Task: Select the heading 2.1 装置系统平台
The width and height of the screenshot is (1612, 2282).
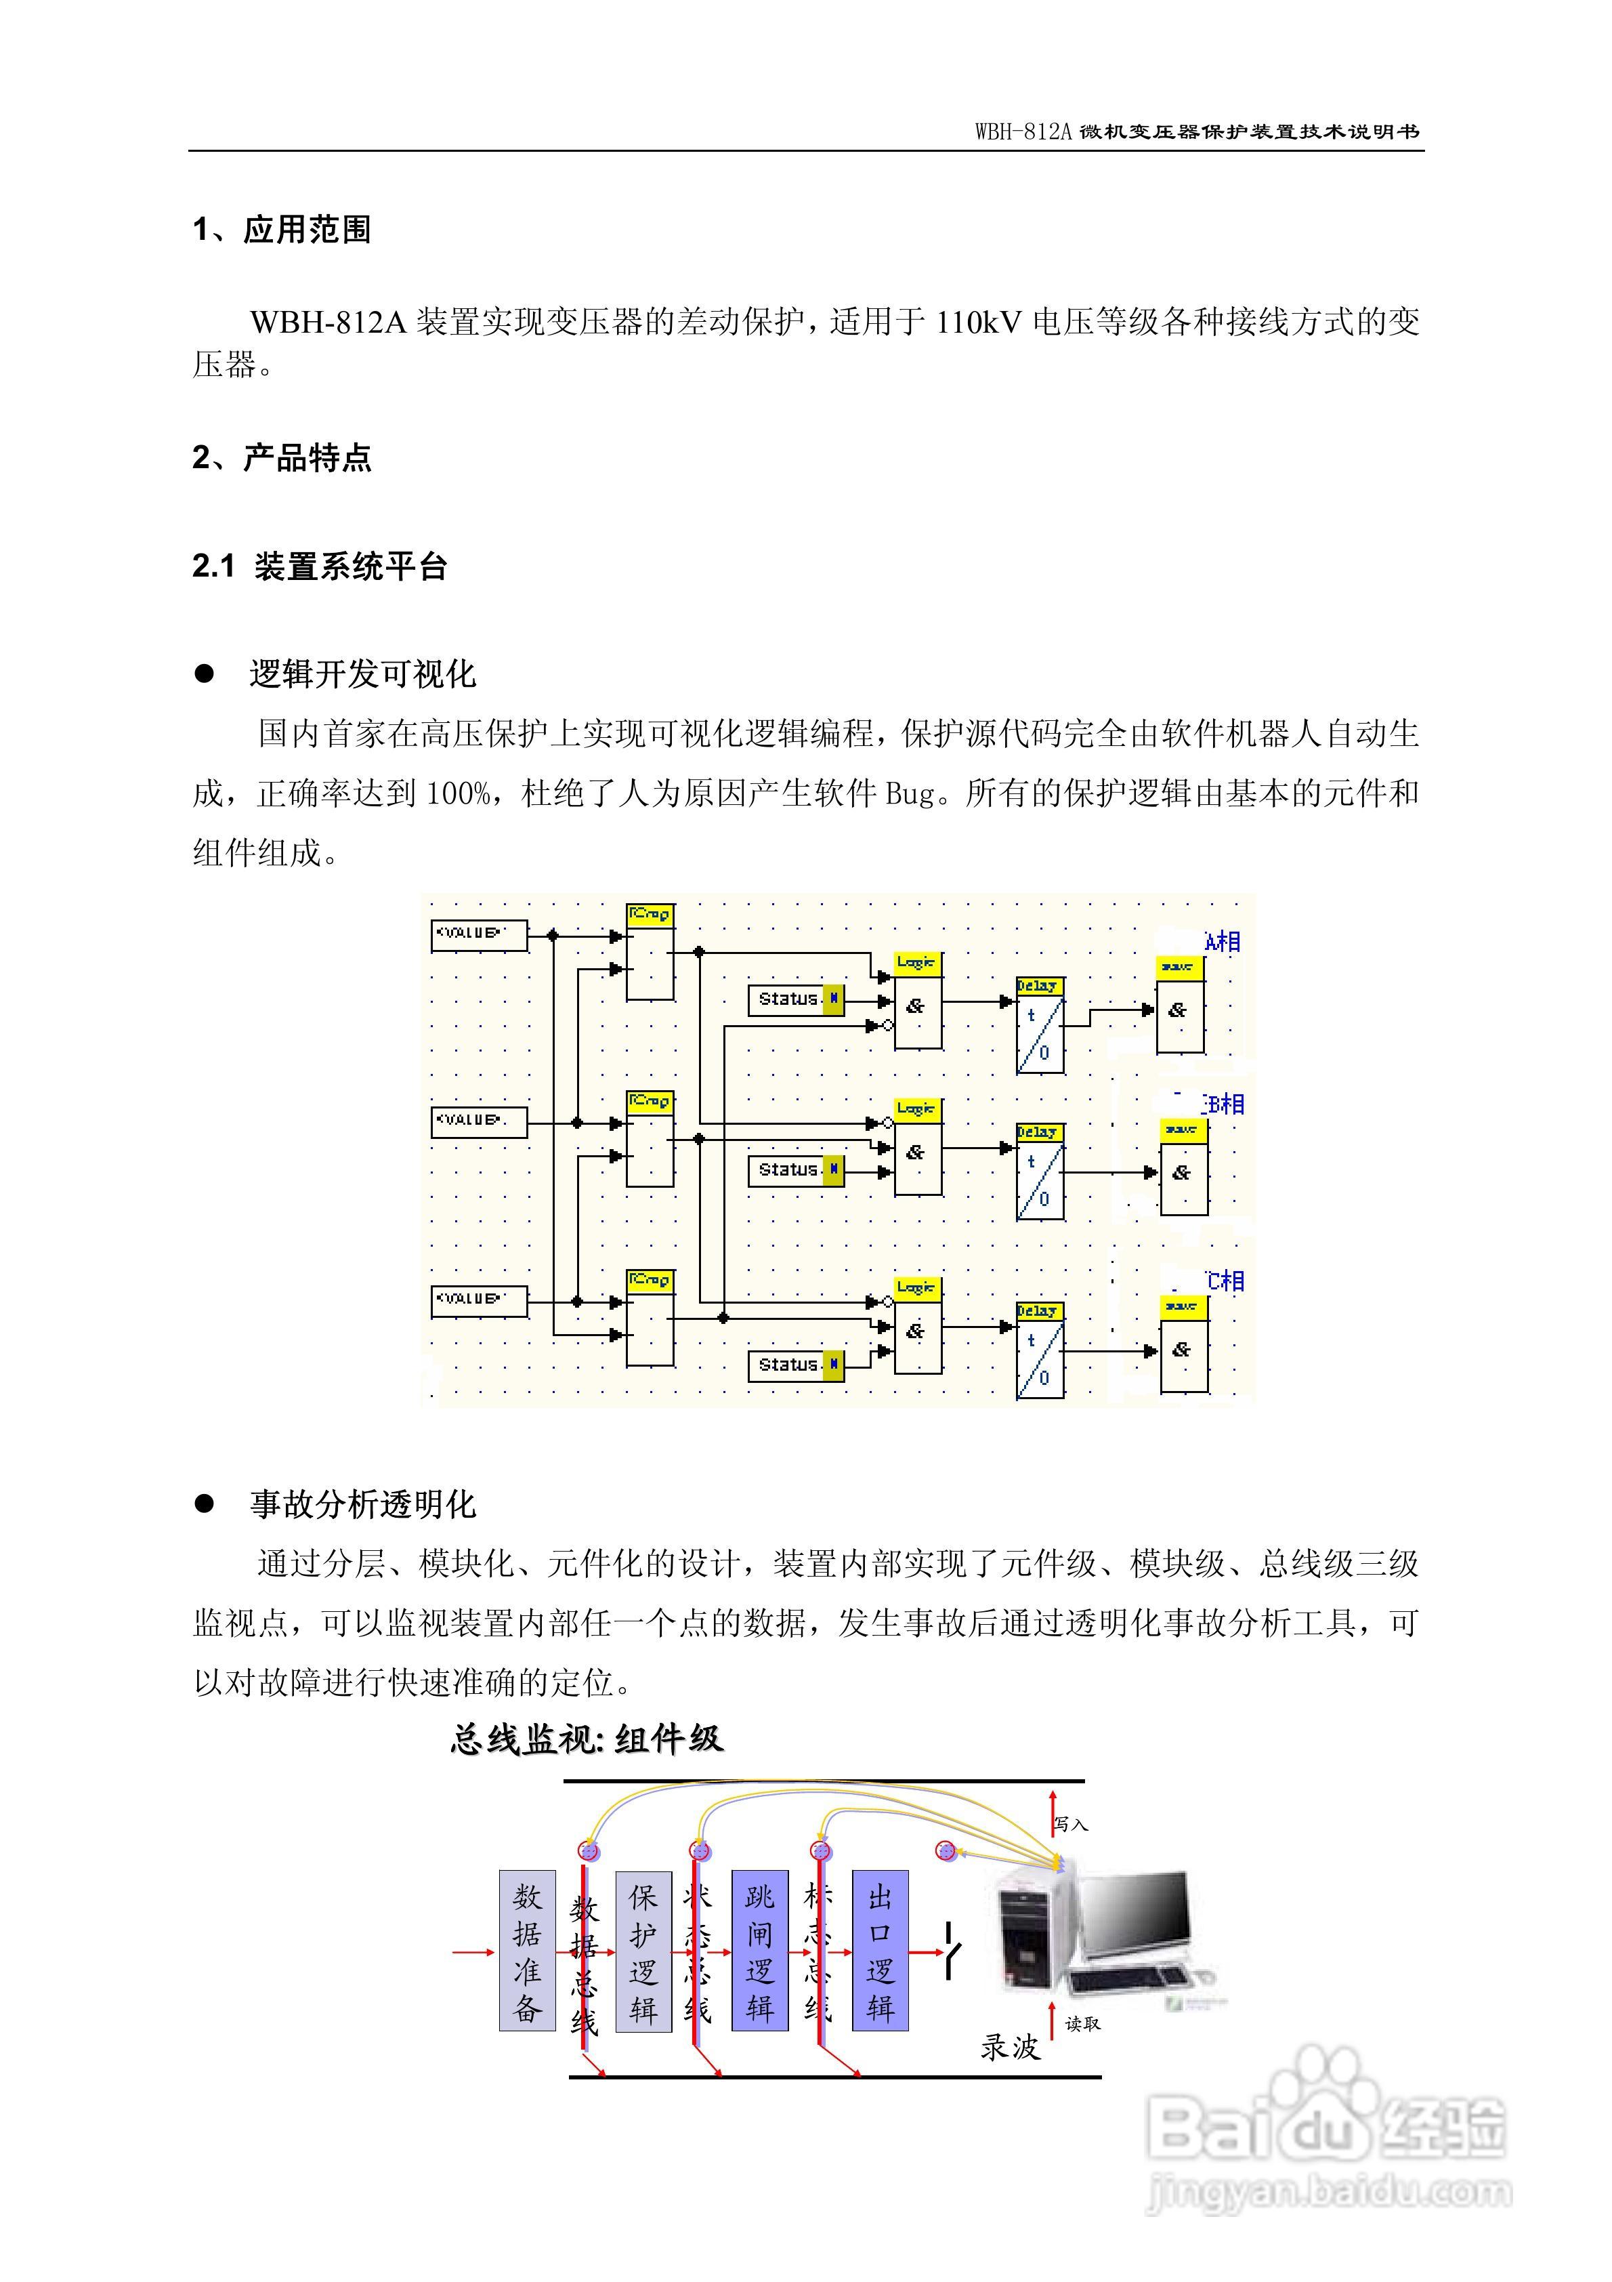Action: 319,566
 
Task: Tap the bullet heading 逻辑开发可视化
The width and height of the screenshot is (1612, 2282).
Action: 363,675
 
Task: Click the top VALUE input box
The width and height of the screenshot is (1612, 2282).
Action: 478,935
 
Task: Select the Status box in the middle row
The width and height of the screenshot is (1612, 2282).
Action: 795,1171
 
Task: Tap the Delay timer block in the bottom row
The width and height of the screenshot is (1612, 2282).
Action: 1040,1350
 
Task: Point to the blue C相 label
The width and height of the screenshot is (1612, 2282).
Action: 1225,1281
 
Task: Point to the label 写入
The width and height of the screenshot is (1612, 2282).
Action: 1072,1825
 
